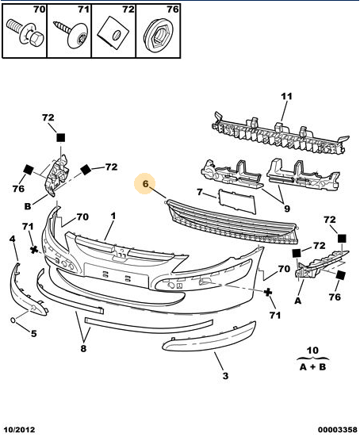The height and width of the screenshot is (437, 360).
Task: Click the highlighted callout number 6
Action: tap(145, 184)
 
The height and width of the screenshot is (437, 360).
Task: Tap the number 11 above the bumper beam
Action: tap(286, 97)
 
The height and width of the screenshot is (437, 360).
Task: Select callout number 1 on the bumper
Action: tap(113, 216)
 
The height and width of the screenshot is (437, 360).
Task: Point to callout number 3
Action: tap(225, 376)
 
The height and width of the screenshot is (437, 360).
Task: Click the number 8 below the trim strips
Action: tap(83, 348)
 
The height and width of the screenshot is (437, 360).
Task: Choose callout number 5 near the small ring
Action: tap(34, 333)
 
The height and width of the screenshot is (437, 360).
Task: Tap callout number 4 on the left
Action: tap(12, 239)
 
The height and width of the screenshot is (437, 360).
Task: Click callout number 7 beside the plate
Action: tap(200, 192)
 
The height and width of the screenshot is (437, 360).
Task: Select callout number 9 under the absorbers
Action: tap(287, 209)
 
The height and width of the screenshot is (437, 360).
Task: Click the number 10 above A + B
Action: tap(312, 351)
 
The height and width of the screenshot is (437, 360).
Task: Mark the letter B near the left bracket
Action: tap(28, 206)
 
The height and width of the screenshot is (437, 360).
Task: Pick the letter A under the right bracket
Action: tap(298, 301)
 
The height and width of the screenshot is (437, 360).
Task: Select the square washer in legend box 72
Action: tap(113, 33)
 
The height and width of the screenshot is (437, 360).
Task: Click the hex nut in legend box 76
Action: tap(159, 36)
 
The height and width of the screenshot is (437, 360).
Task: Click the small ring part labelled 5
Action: tap(13, 320)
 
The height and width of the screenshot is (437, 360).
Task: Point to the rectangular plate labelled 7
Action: tap(237, 201)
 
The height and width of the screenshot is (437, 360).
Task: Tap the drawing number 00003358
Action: tap(338, 430)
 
